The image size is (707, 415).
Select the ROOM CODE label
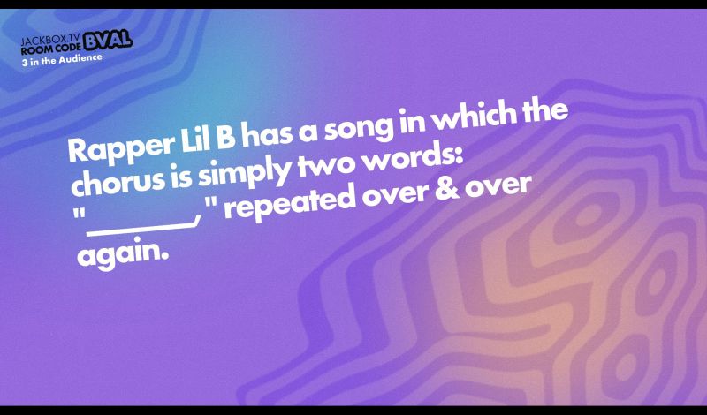52,49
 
